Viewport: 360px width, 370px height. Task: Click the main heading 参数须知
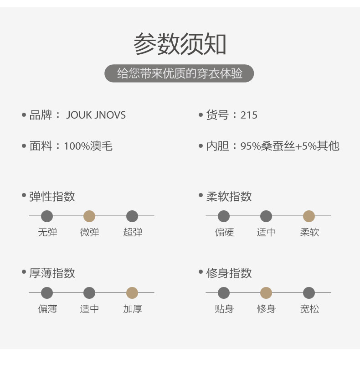pos(180,45)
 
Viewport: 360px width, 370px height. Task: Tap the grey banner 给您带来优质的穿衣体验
pos(179,73)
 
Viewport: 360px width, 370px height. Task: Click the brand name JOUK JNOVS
pos(96,115)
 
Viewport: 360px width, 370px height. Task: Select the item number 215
pos(249,115)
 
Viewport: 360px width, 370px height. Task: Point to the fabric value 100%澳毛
pos(88,146)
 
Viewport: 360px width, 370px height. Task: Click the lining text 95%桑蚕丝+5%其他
pos(290,146)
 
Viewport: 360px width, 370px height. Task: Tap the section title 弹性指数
pos(52,197)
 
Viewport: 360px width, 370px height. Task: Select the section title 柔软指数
pos(229,197)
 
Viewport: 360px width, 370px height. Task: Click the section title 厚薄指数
pos(52,273)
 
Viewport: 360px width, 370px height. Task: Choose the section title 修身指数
pos(229,273)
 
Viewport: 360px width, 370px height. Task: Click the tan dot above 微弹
pos(89,216)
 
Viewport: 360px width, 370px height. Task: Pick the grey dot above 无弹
pos(47,216)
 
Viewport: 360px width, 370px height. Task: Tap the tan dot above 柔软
pos(309,216)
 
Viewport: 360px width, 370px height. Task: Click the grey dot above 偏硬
pos(224,216)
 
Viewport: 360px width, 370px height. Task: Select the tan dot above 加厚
pos(132,293)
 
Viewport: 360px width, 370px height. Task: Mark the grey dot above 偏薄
pos(47,293)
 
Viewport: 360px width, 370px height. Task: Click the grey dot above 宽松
pos(309,293)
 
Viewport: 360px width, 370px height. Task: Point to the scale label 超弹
pos(133,232)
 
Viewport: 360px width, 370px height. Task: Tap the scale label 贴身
pos(224,309)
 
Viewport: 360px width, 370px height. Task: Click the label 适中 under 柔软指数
pos(266,232)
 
